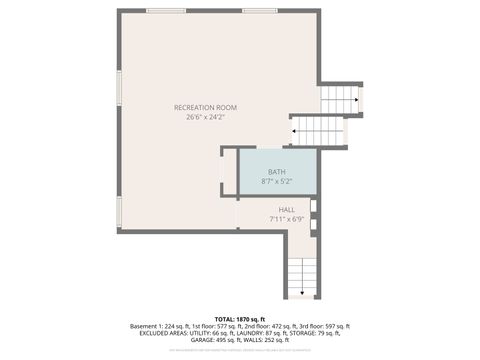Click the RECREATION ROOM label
click(x=205, y=107)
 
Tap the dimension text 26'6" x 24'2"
click(x=205, y=117)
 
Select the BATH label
click(x=276, y=172)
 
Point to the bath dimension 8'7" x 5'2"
click(x=276, y=182)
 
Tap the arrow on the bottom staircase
click(x=302, y=285)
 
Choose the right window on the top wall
click(x=259, y=11)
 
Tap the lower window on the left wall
click(x=119, y=211)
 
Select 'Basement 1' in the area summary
click(x=148, y=326)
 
